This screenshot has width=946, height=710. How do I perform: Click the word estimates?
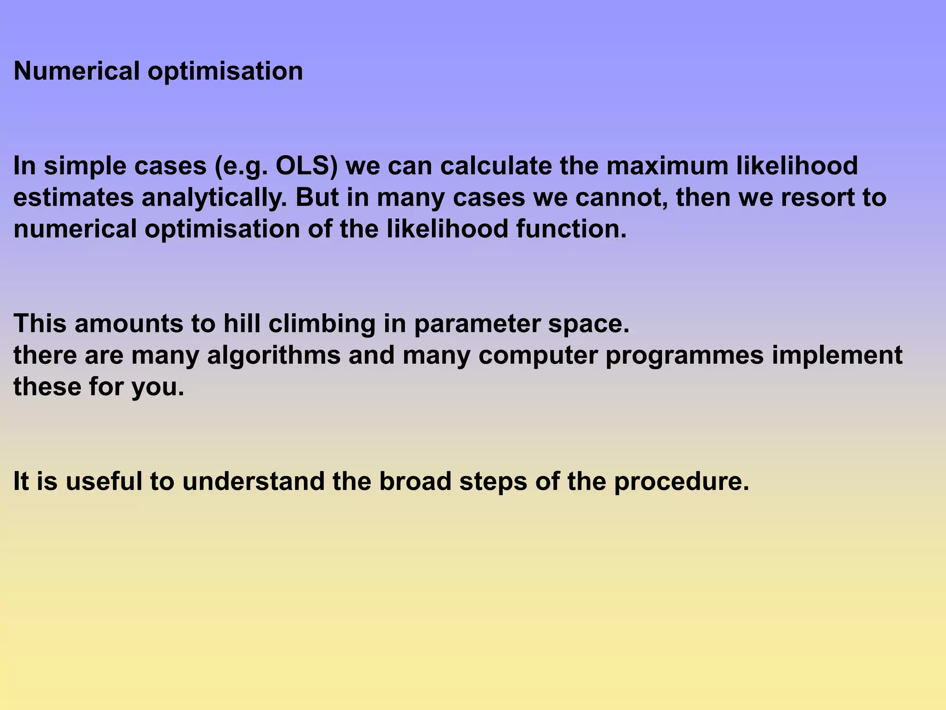click(x=73, y=198)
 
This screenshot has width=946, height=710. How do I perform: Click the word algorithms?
click(x=273, y=355)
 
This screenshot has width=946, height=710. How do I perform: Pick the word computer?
click(x=538, y=355)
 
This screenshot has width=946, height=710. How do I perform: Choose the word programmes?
click(x=685, y=355)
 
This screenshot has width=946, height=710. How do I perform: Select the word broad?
click(x=415, y=482)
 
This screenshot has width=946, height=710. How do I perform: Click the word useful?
click(x=104, y=482)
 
